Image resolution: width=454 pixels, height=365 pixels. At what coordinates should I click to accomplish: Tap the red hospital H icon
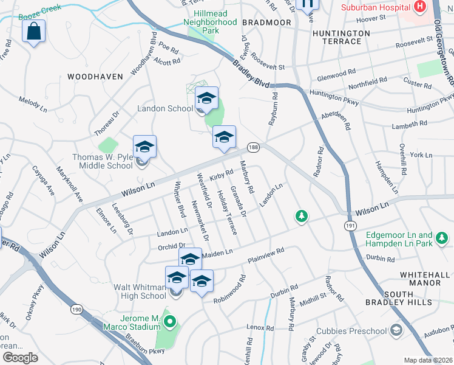419,7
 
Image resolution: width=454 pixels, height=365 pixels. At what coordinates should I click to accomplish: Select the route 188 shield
253,147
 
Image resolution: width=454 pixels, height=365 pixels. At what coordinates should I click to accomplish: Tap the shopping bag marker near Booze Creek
34,30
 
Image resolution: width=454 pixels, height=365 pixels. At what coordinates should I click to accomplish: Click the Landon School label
166,108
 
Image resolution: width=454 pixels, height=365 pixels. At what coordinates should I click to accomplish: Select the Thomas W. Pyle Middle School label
102,161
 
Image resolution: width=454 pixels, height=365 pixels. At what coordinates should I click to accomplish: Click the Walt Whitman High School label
140,291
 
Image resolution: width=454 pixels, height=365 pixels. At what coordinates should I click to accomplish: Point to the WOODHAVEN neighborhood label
95,77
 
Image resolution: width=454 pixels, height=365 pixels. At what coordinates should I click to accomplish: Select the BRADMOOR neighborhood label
266,22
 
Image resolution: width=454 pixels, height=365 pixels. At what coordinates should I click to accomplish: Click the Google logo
20,357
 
